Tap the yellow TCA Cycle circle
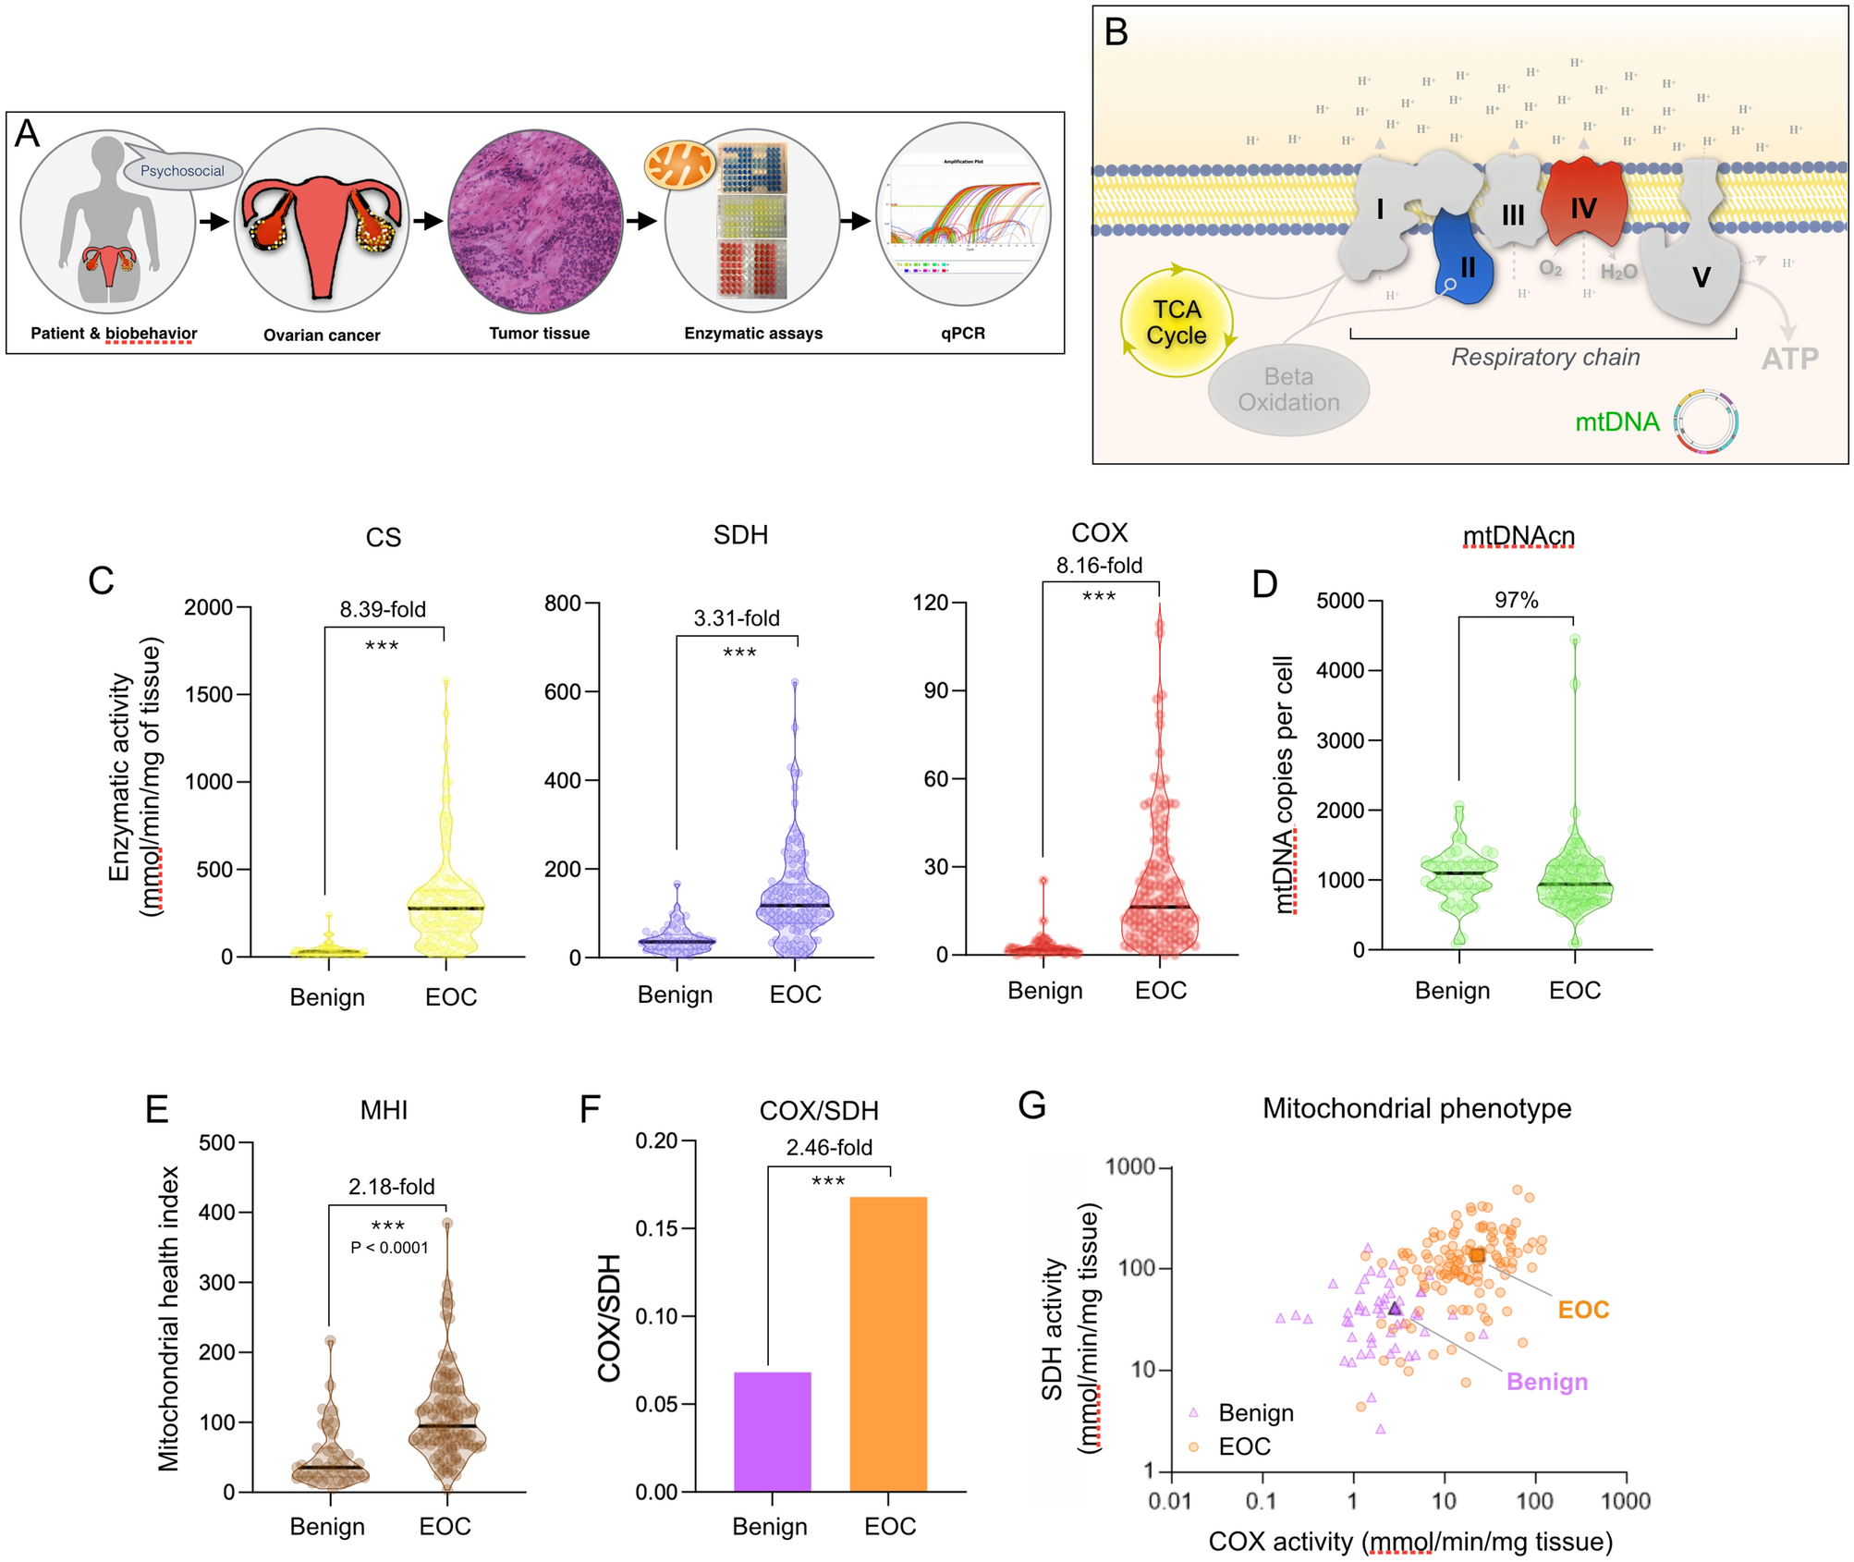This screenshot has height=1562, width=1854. pyautogui.click(x=1177, y=323)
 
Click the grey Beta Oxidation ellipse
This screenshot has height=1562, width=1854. pyautogui.click(x=1288, y=390)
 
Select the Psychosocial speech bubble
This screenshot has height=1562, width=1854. pyautogui.click(x=182, y=170)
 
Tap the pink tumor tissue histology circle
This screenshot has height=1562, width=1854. pyautogui.click(x=534, y=221)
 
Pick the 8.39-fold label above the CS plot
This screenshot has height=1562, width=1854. pyautogui.click(x=383, y=609)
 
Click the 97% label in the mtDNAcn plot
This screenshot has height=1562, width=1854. pyautogui.click(x=1516, y=601)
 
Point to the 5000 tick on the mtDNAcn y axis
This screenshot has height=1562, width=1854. pyautogui.click(x=1340, y=601)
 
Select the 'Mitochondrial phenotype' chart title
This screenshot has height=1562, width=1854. pyautogui.click(x=1416, y=1108)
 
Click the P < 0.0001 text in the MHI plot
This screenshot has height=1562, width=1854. pyautogui.click(x=389, y=1248)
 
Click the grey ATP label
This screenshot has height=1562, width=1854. pyautogui.click(x=1789, y=359)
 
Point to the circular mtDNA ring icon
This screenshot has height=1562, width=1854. pyautogui.click(x=1705, y=421)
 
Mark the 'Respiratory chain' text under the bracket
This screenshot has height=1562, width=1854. pyautogui.click(x=1545, y=357)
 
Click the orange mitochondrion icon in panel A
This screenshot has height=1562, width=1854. pyautogui.click(x=679, y=164)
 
